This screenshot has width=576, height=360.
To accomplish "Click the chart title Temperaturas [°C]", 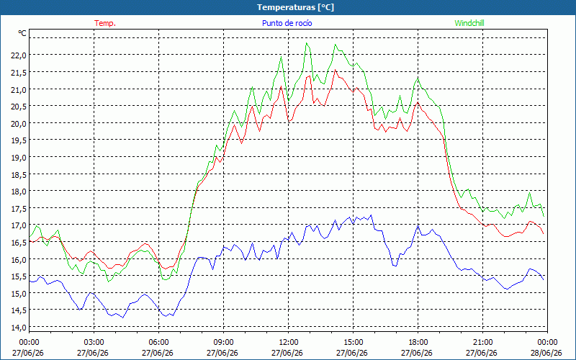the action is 296,7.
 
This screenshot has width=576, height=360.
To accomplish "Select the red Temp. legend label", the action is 105,23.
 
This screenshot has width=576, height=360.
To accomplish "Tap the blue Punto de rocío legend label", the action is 287,23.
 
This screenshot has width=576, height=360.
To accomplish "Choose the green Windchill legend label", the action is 469,23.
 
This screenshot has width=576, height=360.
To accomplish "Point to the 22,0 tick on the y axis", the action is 19,55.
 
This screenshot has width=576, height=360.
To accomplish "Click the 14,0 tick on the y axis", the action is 19,328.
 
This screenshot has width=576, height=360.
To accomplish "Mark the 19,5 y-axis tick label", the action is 19,140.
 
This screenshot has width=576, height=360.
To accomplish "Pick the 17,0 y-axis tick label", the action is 19,225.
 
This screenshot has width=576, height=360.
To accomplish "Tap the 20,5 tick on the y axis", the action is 19,107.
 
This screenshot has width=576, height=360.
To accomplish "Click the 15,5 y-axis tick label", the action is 19,276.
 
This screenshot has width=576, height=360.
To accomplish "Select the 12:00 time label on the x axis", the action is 288,343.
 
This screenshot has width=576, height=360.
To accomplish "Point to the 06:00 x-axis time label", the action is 158,343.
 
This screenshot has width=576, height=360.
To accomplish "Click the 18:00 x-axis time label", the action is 418,343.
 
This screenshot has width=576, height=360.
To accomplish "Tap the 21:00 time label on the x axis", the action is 482,343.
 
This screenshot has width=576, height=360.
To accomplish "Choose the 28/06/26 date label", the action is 547,353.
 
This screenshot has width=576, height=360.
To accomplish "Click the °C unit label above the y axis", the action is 22,33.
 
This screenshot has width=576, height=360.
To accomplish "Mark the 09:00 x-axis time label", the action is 223,343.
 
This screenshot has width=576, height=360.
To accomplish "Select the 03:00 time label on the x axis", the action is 94,343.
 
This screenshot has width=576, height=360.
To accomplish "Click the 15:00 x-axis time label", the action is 353,343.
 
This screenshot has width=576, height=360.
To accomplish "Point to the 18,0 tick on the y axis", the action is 19,192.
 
